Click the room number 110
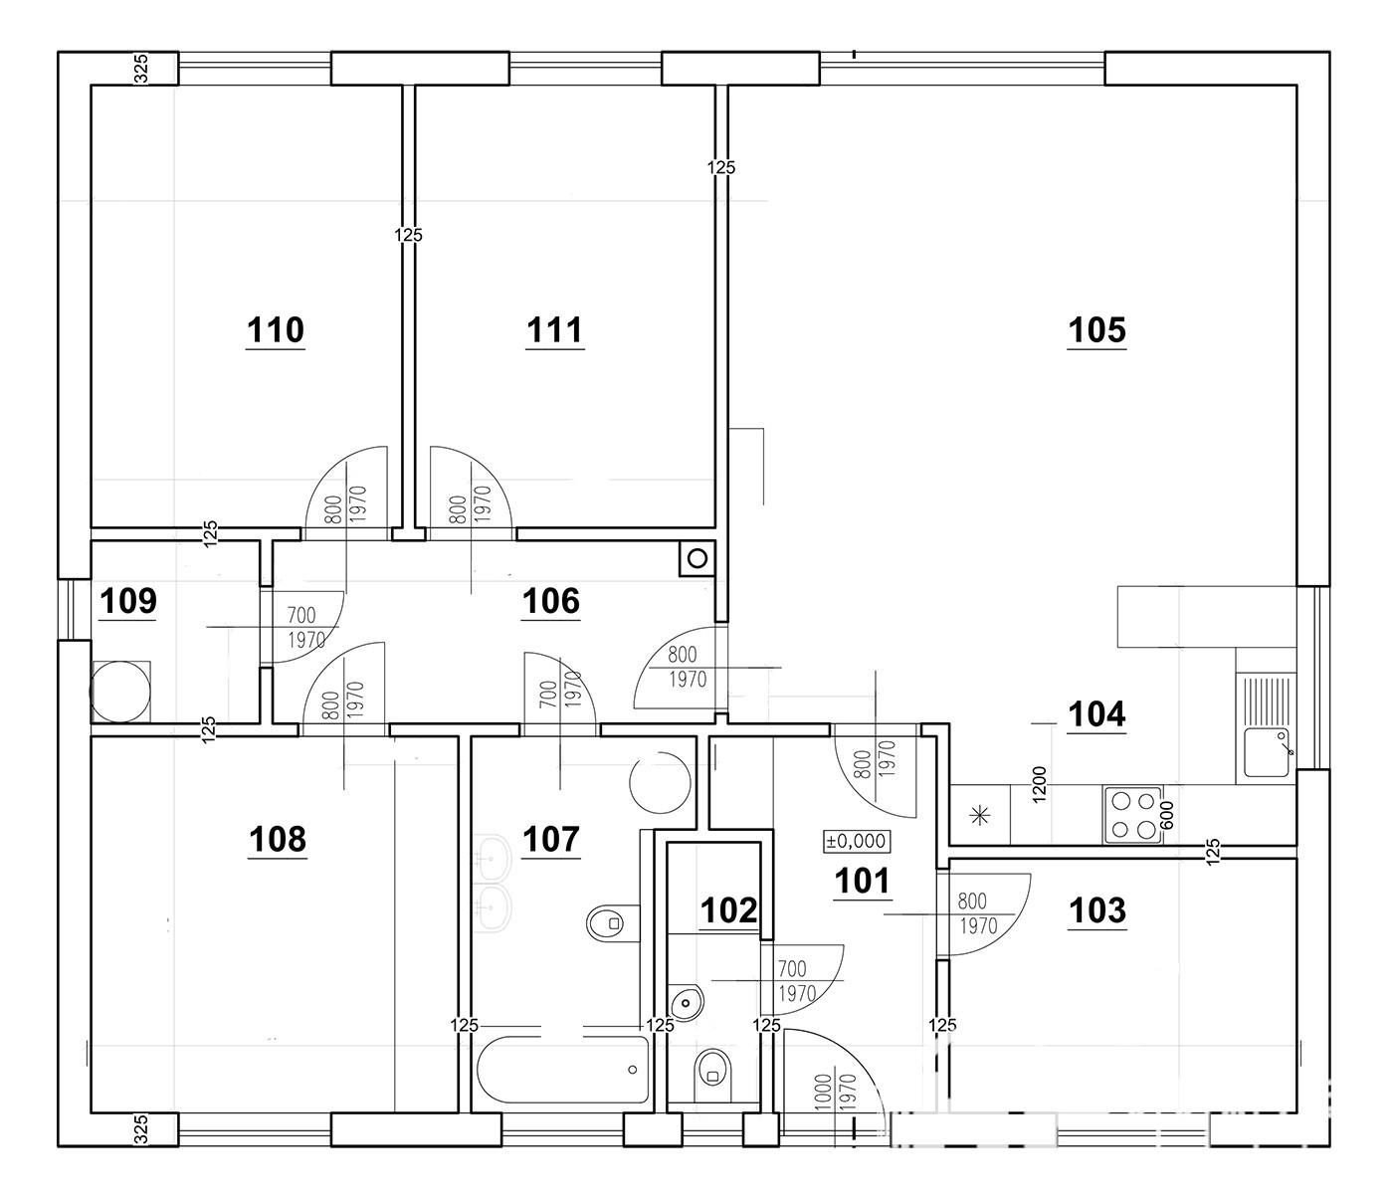275,330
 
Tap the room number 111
554,330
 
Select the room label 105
1096,330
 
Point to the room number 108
277,840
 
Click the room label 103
1097,910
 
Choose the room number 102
728,910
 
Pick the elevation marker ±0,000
856,841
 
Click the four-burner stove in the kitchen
1132,815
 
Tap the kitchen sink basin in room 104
1266,752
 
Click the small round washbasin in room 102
687,1003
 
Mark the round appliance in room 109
120,693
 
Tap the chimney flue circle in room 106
696,558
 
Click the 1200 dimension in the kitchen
1039,784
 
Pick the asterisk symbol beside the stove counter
979,817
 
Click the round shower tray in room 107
660,782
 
